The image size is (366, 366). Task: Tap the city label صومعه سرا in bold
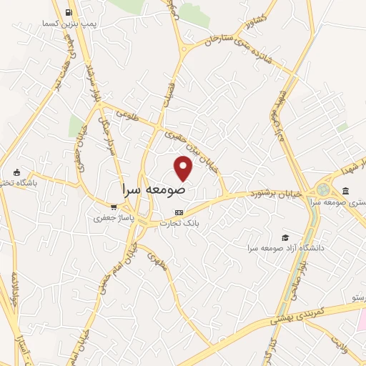click(x=154, y=190)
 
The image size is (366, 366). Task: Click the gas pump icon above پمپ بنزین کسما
click(x=68, y=13)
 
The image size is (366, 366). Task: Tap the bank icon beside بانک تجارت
click(x=179, y=213)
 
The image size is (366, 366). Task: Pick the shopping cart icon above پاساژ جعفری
click(x=113, y=207)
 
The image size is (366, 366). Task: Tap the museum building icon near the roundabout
click(x=345, y=191)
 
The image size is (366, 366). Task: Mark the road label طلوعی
click(x=121, y=112)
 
